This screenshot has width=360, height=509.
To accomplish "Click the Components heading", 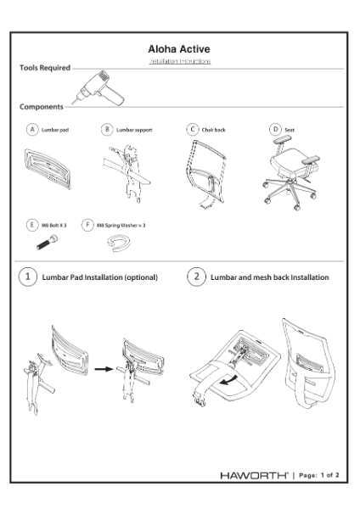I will (41, 108).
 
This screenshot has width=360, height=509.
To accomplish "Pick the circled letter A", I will (32, 130).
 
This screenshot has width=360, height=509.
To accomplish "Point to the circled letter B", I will (106, 130).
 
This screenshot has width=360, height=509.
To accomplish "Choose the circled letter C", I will (193, 130).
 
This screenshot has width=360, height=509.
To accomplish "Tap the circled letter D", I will (274, 130).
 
